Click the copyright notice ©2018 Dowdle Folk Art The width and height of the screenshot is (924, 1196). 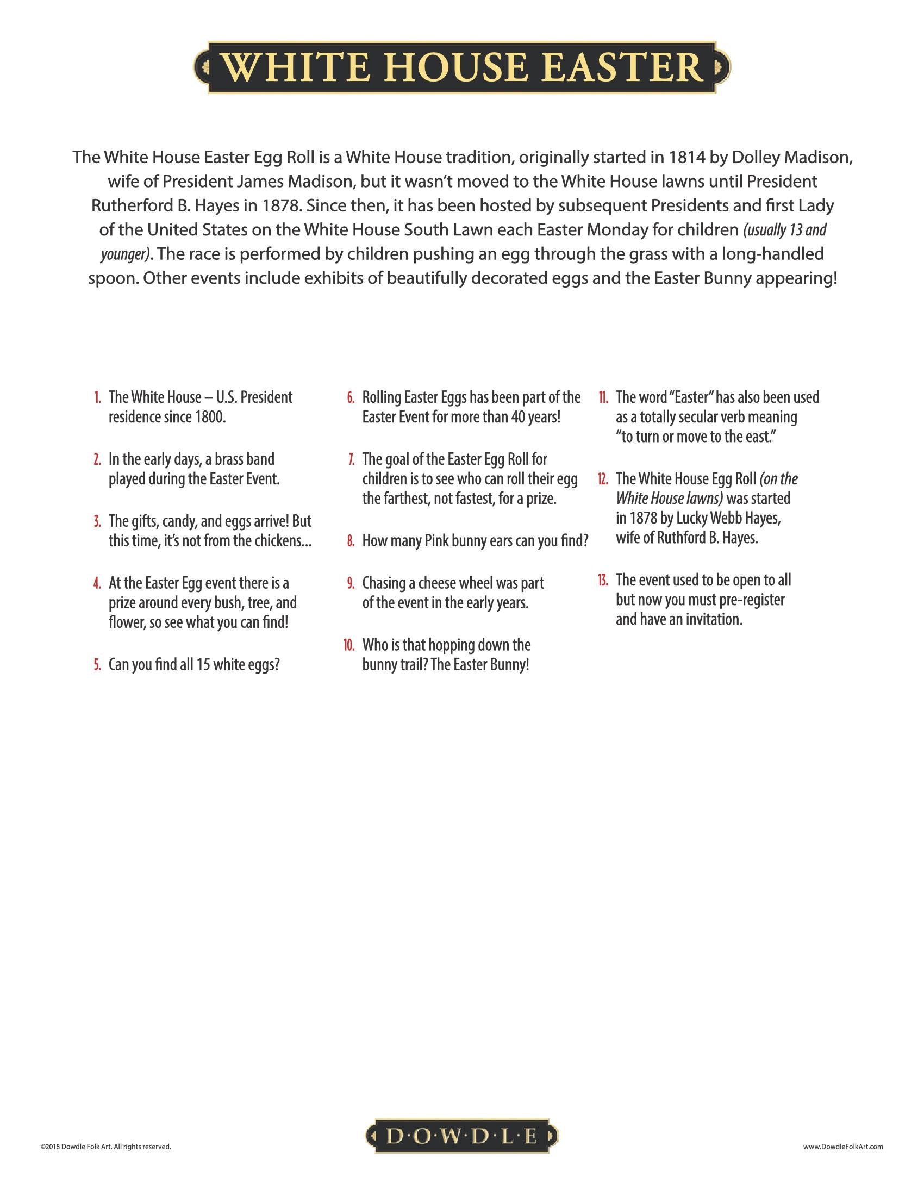(x=105, y=1146)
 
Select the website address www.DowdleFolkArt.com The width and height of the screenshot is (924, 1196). (x=843, y=1146)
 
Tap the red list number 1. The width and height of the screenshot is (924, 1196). (x=97, y=397)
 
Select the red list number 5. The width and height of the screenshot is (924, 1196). (x=97, y=665)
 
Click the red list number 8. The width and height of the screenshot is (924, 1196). (x=351, y=541)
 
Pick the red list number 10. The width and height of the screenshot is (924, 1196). (x=349, y=645)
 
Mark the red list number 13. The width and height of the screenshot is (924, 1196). (x=603, y=580)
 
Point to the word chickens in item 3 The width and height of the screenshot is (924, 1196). (x=283, y=541)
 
